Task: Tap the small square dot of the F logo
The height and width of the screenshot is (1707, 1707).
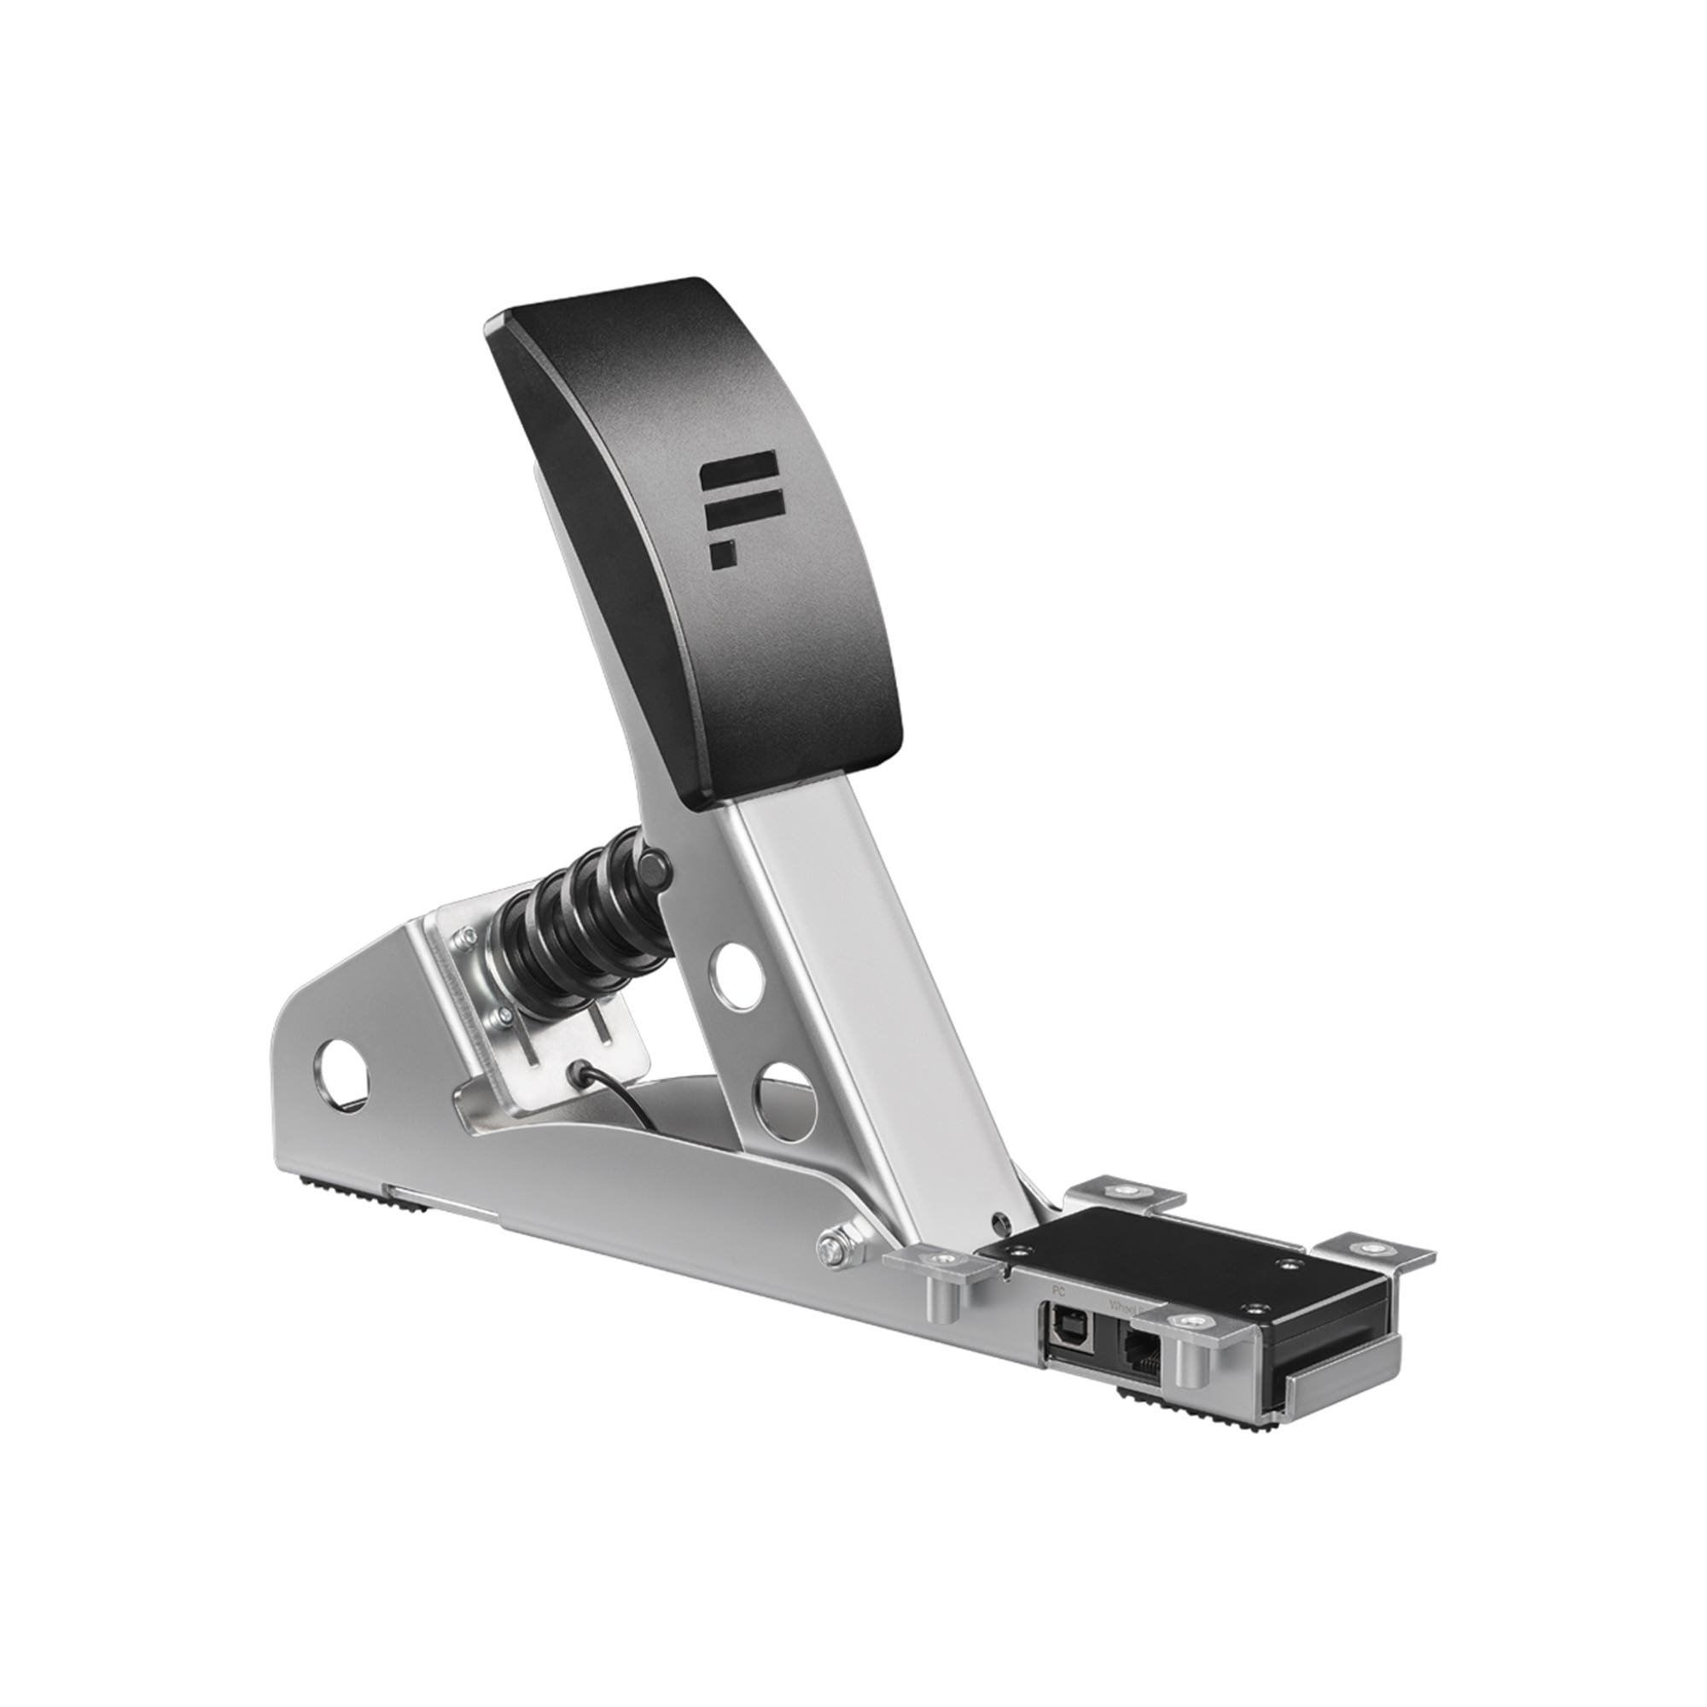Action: [722, 554]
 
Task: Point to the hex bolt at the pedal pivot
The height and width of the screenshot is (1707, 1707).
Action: [830, 1250]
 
